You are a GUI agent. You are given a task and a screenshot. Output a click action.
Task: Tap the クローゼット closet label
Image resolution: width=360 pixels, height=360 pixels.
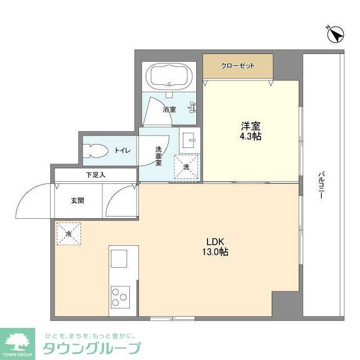pos(238,66)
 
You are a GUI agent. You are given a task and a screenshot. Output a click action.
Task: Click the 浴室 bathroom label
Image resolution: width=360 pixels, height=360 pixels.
pos(169,109)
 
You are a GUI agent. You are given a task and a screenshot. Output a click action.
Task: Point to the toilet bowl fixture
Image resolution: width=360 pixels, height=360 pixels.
pos(94,151)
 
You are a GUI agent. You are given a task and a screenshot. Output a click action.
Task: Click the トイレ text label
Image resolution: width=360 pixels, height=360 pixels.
pos(123,150)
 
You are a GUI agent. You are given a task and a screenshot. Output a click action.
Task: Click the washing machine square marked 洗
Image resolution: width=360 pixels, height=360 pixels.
pos(186,166)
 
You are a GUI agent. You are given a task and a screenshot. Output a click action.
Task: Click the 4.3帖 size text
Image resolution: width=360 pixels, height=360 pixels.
pos(250,137)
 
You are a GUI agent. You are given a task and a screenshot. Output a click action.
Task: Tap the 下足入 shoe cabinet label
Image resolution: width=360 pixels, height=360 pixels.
pos(96,175)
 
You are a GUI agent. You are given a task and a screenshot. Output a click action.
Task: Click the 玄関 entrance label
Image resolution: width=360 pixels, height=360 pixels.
pos(78,200)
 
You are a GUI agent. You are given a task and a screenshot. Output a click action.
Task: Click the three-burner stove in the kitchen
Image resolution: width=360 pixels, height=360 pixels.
pos(120,296)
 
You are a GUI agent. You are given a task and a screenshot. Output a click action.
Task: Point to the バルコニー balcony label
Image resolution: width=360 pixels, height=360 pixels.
pos(322,189)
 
